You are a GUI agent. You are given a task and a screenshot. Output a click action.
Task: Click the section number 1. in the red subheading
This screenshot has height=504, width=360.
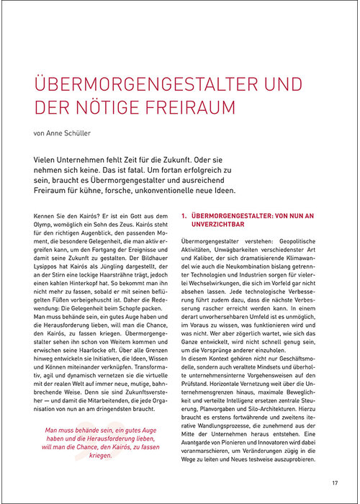184,215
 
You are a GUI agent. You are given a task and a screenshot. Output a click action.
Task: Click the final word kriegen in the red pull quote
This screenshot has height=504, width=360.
102,456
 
